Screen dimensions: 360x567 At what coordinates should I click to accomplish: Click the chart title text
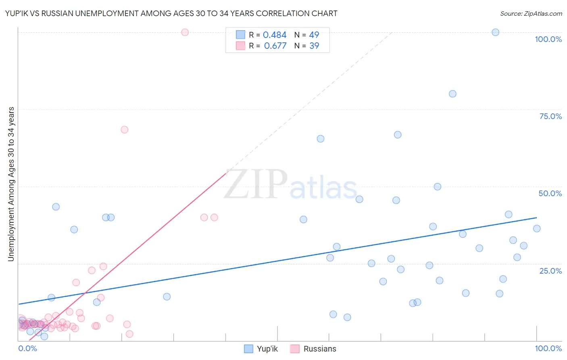[x=171, y=13]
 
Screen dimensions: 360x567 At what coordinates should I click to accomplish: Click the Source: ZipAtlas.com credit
[x=531, y=13]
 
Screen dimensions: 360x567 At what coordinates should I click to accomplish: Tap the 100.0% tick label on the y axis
[x=548, y=39]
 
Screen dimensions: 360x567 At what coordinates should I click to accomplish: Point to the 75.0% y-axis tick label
[x=550, y=116]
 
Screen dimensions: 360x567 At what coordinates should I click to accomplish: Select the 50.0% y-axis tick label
[x=550, y=193]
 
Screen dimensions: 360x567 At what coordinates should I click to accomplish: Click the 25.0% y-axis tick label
[x=550, y=271]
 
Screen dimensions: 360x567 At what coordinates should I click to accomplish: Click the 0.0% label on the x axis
[x=27, y=348]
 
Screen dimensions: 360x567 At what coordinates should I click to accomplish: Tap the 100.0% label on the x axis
[x=548, y=348]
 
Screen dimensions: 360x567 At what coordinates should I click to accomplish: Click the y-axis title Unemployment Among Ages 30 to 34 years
[x=11, y=184]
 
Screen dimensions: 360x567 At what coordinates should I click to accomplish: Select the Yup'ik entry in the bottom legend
[x=267, y=349]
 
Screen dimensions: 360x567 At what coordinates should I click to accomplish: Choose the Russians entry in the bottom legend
[x=319, y=349]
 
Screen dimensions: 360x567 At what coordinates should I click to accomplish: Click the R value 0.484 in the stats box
[x=275, y=35]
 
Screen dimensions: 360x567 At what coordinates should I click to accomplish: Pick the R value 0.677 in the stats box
[x=275, y=46]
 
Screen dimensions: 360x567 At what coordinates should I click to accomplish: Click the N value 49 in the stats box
[x=314, y=35]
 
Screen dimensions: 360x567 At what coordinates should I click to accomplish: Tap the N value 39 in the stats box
[x=314, y=46]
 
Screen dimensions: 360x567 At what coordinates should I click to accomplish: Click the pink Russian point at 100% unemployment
[x=185, y=32]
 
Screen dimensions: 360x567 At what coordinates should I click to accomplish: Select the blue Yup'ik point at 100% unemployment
[x=496, y=32]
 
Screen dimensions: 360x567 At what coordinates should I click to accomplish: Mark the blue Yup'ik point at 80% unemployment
[x=452, y=94]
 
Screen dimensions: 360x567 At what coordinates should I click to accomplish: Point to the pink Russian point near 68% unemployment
[x=125, y=130]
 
